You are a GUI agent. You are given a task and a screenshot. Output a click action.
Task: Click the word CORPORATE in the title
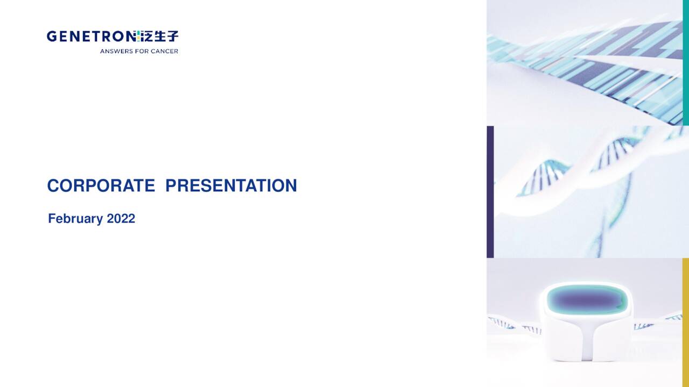click(101, 185)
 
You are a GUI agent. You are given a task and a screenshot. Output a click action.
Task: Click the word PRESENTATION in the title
click(231, 185)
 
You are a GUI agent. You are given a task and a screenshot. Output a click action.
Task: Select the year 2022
click(121, 219)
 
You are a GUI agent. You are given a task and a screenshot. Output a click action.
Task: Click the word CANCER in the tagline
click(165, 52)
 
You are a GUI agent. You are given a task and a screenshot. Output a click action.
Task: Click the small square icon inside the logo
click(138, 37)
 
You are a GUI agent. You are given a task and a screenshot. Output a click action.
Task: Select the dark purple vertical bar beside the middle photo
click(490, 192)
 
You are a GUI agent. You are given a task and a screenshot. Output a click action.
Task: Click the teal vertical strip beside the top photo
click(686, 62)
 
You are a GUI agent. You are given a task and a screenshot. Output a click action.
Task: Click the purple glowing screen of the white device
click(587, 299)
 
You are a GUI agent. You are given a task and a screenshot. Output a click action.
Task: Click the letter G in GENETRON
click(51, 37)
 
